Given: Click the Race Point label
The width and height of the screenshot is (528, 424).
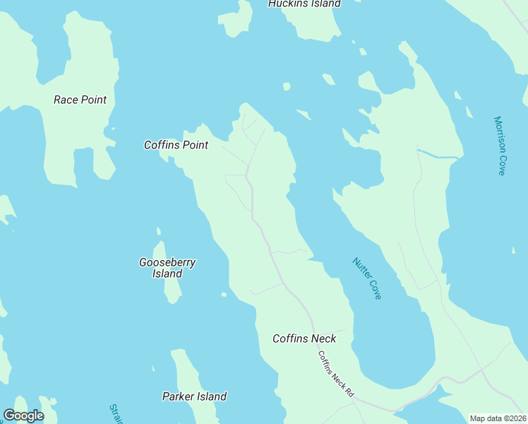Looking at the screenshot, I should pos(80,100).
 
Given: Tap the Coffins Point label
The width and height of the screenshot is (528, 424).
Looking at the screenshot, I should pos(176,145).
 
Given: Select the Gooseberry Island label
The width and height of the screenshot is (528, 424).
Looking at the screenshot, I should pos(167,268).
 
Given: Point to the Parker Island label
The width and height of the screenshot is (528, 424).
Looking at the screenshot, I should pos(194,396).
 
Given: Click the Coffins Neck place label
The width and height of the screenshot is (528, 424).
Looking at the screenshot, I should pos(304,338).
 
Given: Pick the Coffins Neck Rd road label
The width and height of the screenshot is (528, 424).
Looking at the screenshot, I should pos(335,374).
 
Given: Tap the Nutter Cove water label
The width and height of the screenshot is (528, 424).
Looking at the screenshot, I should pos(366,278).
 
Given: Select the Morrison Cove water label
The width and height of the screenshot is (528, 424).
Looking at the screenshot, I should pos(500,146).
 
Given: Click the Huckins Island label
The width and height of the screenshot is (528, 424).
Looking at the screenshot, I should pos(304,4).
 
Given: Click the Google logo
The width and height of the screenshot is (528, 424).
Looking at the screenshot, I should pos(23,416).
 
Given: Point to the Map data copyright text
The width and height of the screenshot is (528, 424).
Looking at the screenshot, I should pos(497,418).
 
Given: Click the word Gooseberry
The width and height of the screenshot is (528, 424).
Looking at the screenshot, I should pos(167,262).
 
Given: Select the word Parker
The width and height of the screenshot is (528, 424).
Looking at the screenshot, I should pos(178,396).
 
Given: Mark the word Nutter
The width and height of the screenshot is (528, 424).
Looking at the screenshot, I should pos(361,269).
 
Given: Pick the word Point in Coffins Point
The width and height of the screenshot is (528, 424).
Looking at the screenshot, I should pos(195,145).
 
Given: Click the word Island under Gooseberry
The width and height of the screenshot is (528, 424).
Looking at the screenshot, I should pos(167,273).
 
